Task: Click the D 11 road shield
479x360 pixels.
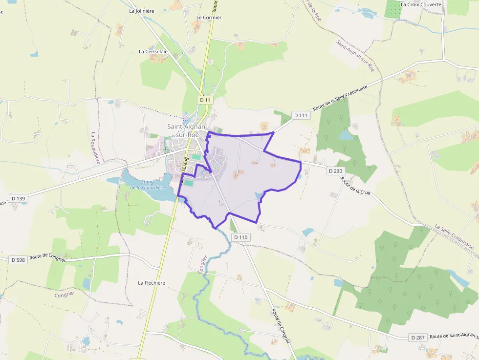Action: coord(206,100)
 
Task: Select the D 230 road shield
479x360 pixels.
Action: coord(335,171)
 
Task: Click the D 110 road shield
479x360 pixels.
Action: coord(241,237)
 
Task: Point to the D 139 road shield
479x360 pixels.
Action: coord(18,198)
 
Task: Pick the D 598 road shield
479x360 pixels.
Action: coord(18,260)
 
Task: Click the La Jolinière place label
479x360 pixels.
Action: coord(142,10)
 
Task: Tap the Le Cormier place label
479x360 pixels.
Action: coord(209,18)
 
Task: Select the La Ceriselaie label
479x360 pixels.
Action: coord(153,51)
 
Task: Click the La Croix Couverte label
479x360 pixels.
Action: coord(420,4)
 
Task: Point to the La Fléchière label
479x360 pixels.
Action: coord(152,283)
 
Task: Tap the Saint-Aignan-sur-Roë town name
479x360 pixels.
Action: coord(187,130)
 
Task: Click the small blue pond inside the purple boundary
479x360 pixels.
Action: coord(259,196)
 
